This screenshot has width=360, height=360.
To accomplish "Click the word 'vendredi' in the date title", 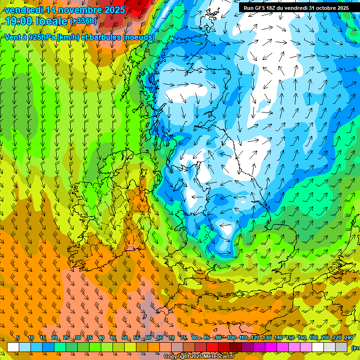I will coord(22,10).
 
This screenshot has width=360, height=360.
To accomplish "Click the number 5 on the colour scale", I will coord(18,337).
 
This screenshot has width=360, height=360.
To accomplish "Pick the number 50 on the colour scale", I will coord(125,337).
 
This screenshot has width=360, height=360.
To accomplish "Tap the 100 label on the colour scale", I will coord(231,337).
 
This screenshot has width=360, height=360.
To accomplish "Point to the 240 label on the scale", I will coord(349,337).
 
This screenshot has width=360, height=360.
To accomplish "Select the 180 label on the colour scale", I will coord(314,337).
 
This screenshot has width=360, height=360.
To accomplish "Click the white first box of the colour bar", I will coord(13,347).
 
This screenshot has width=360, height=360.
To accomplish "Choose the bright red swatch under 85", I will coord(212,347).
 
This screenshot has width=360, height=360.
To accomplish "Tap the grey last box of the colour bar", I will coord(342,347).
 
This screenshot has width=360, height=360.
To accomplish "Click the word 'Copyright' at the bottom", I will coord(177,357).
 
